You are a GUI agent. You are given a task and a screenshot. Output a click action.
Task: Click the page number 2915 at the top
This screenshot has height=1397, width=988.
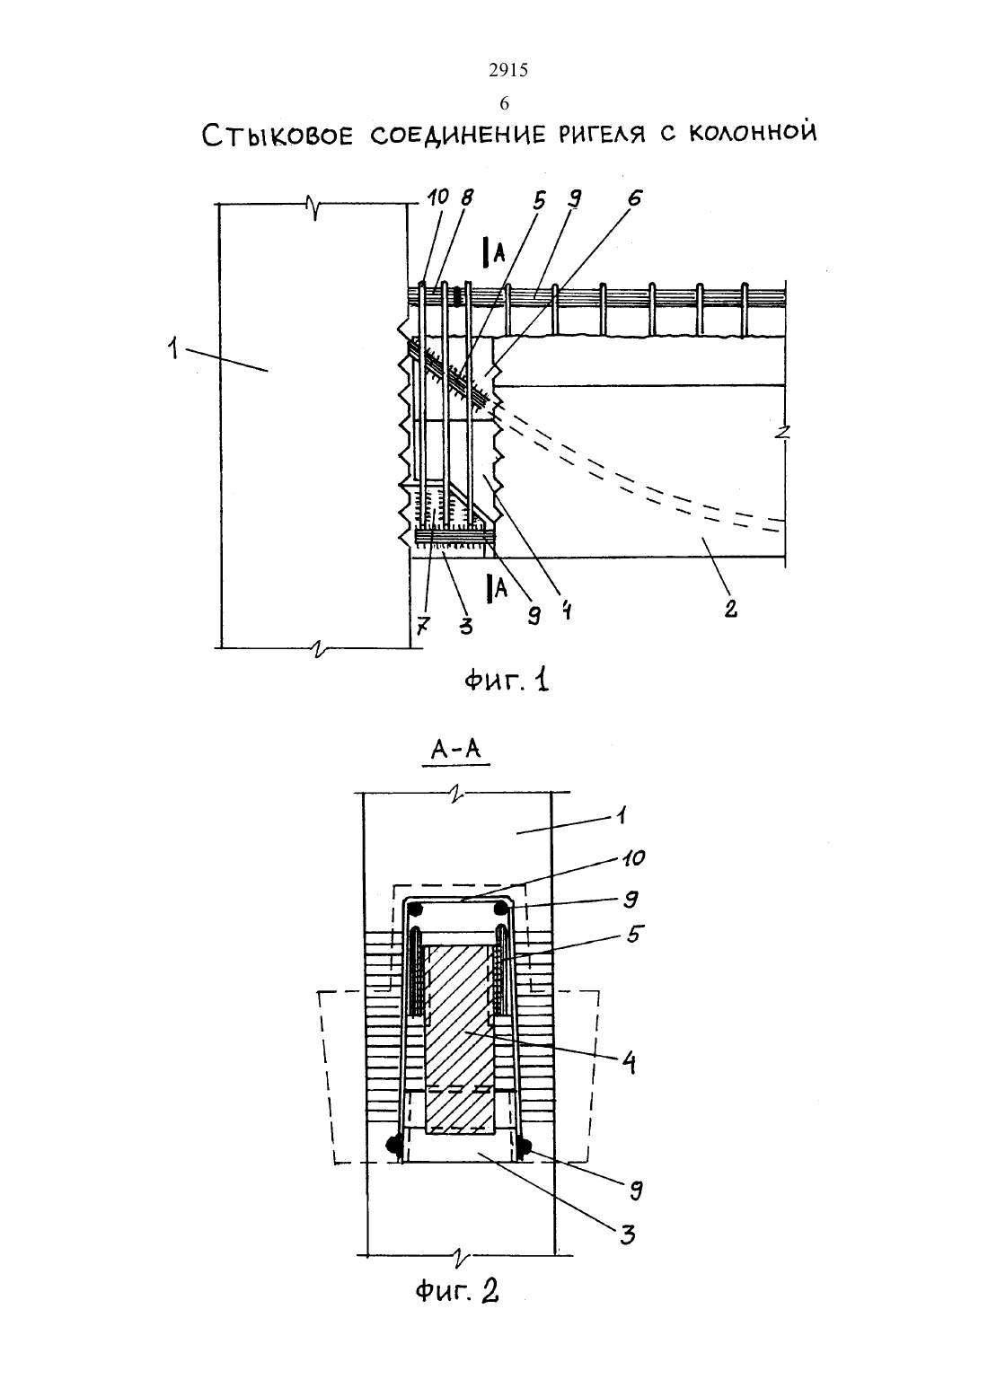(507, 70)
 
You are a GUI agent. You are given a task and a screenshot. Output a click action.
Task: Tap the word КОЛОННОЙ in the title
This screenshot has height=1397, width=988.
(753, 132)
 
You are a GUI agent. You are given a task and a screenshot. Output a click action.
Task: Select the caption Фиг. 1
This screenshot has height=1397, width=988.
(506, 680)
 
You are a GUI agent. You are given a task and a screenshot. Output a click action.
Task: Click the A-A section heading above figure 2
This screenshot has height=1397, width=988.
(456, 749)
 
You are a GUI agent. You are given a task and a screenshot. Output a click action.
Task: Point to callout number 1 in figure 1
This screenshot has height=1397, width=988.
(172, 347)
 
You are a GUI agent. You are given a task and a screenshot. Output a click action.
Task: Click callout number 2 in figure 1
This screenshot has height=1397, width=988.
(730, 607)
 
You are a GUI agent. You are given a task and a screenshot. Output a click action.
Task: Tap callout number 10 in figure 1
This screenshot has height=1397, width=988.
(438, 198)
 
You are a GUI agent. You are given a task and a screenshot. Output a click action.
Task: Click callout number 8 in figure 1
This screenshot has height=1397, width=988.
(466, 198)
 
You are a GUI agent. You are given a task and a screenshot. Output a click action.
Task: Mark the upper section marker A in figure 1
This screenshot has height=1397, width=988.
(498, 252)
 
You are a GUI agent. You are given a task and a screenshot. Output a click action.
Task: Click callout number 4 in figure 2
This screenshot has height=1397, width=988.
(629, 1062)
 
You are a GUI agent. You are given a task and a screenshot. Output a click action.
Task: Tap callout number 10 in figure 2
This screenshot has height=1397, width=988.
(633, 858)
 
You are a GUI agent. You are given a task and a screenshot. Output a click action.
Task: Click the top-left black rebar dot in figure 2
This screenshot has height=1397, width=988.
(415, 909)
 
